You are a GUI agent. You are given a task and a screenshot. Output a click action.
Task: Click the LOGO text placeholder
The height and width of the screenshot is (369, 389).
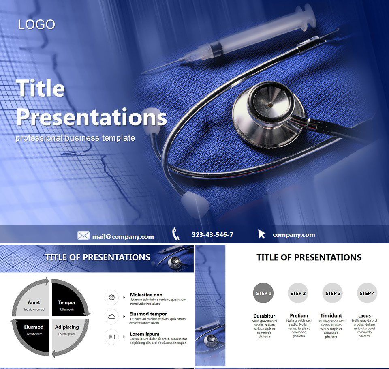coord(36,25)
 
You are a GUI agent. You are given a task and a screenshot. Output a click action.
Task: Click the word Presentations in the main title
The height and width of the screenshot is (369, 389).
coord(91,117)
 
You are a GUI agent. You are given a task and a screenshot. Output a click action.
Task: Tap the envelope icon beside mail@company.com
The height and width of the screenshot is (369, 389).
coord(83,236)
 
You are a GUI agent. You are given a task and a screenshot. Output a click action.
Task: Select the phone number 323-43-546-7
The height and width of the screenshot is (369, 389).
coord(212,235)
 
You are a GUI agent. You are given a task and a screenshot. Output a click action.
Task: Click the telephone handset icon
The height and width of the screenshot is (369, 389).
coord(176,234)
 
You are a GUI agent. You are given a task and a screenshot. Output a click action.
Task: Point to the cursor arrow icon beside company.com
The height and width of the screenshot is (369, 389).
coord(262,234)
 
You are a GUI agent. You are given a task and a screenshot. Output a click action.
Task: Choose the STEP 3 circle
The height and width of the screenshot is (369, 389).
coord(333,293)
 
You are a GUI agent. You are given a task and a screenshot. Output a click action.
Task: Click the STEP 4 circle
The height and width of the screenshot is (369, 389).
coord(367,293)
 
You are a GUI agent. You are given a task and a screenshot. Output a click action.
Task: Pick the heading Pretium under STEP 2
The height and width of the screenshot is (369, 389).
coord(299,315)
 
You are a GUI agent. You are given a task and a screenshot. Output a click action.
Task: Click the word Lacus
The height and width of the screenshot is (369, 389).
coord(364,315)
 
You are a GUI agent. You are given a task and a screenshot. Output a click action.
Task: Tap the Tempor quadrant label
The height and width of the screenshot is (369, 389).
coord(67,302)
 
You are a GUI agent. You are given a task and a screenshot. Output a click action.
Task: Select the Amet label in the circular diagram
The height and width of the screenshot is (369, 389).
coord(34,302)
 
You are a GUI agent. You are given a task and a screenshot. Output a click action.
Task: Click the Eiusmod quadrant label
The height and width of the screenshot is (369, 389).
coord(34,327)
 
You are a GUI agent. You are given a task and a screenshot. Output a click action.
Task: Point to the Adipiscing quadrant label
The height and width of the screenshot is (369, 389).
coord(67,327)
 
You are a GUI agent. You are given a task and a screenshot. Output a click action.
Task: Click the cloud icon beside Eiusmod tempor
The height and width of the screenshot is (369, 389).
coord(112,316)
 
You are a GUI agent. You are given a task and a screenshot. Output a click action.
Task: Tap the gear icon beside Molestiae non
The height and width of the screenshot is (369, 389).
coord(112,297)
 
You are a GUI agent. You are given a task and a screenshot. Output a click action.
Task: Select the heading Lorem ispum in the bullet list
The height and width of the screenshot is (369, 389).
coord(144,334)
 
